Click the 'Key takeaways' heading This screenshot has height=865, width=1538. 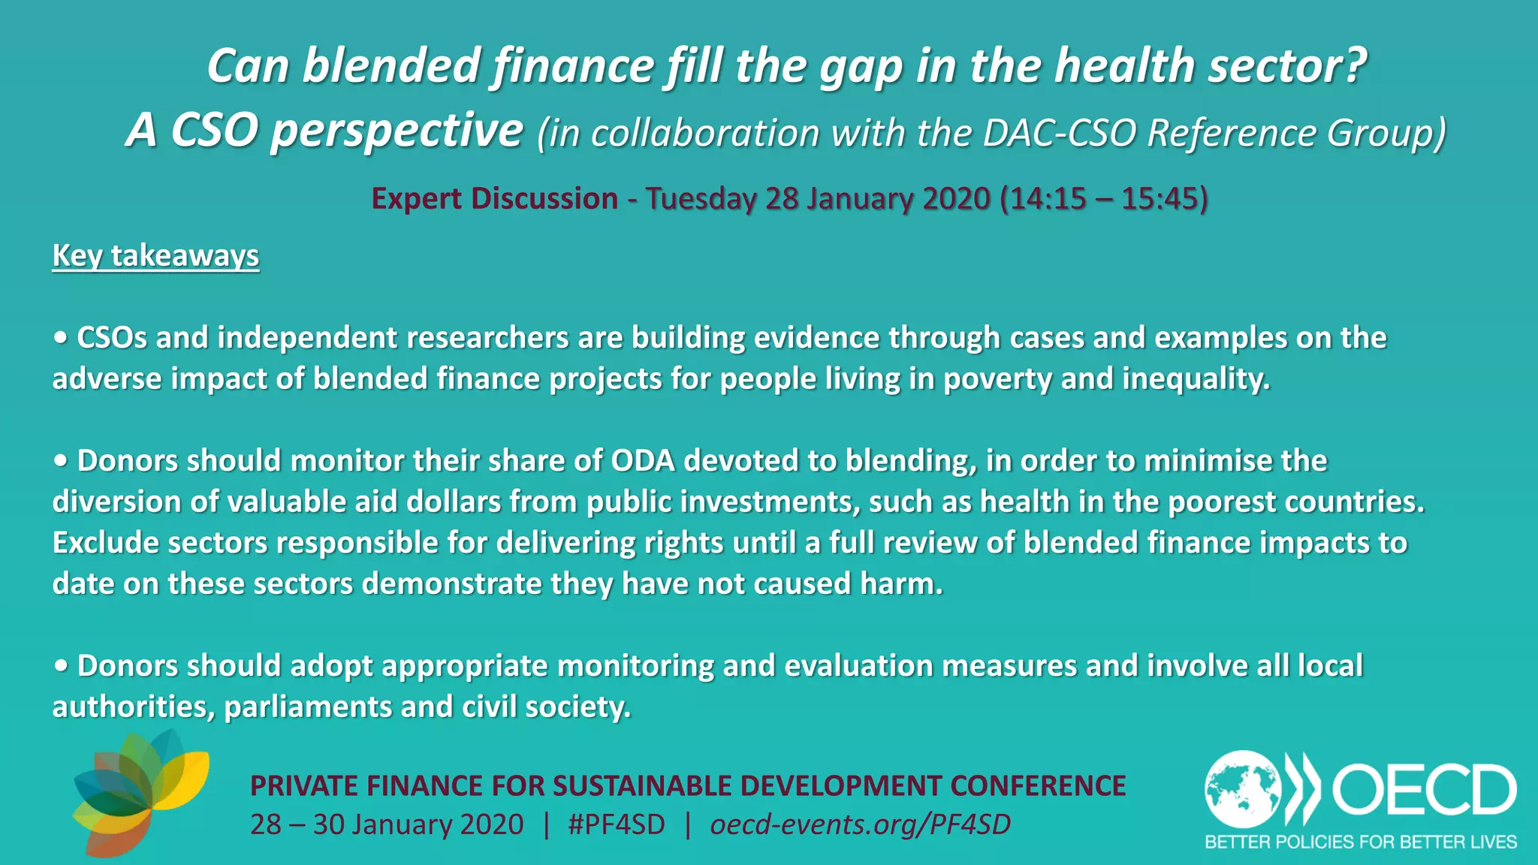click(155, 256)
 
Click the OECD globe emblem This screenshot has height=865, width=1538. click(1243, 789)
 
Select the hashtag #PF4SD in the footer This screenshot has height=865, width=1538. click(617, 824)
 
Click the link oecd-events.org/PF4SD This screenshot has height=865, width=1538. click(860, 824)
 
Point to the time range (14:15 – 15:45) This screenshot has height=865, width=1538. click(1104, 198)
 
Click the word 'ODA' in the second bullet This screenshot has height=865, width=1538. click(643, 461)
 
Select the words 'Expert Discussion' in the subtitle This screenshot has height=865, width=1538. click(495, 198)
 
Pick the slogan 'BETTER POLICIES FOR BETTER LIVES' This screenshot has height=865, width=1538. click(1361, 842)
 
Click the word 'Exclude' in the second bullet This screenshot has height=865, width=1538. click(106, 543)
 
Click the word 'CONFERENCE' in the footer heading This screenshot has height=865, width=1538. click(1038, 785)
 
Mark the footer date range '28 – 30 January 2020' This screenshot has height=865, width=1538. click(387, 824)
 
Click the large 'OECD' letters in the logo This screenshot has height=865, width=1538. click(1424, 789)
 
